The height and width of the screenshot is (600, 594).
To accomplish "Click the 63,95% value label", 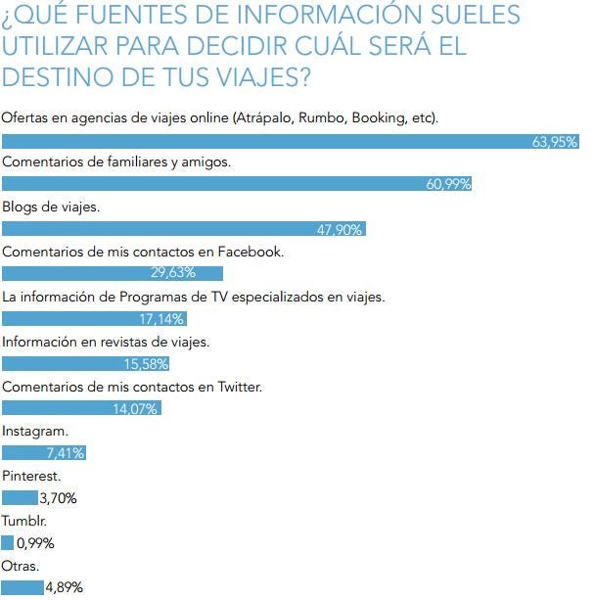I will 554,141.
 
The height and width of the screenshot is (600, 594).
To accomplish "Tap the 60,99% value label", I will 448,185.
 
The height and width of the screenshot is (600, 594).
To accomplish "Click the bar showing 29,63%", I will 113,273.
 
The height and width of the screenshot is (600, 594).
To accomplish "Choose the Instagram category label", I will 35,431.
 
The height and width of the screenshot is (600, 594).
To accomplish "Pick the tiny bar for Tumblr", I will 8,542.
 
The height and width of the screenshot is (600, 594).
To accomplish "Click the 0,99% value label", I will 35,543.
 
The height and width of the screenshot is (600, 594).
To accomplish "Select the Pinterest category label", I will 32,476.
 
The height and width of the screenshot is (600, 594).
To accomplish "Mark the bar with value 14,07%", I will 81,408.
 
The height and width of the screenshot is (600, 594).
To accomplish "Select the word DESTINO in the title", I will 58,75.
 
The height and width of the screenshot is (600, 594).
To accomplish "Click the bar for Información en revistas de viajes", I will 86,363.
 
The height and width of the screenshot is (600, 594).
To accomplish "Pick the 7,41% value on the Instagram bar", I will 66,453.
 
